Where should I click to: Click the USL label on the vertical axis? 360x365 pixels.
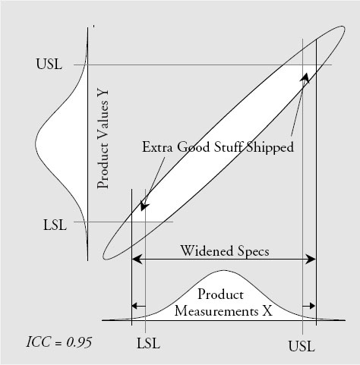pos(49,65)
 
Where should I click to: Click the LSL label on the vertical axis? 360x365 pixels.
pos(55,225)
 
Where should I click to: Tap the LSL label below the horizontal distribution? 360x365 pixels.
pos(148,344)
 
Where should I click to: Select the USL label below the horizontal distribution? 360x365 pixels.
pos(302,346)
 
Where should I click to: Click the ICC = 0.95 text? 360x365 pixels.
pos(59,342)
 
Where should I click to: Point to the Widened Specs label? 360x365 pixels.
pos(225,251)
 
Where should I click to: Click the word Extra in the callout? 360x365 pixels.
pos(158,147)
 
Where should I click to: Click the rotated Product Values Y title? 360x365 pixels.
pos(103,139)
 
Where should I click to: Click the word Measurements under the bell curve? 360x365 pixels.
pos(216,311)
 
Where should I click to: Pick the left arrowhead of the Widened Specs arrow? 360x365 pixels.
pos(137,259)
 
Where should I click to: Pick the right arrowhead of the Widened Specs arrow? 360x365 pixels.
pos(311,259)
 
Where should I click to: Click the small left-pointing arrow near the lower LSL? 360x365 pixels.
pos(139,306)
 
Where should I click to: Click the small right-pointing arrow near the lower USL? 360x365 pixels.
pos(309,306)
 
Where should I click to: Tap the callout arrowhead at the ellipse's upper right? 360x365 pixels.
pos(305,77)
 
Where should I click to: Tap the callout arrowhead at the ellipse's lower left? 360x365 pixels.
pos(144,206)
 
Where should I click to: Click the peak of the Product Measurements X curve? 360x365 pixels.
pos(223,271)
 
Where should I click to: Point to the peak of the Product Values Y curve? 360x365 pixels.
pos(36,143)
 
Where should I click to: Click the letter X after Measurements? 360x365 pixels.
pos(267,311)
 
